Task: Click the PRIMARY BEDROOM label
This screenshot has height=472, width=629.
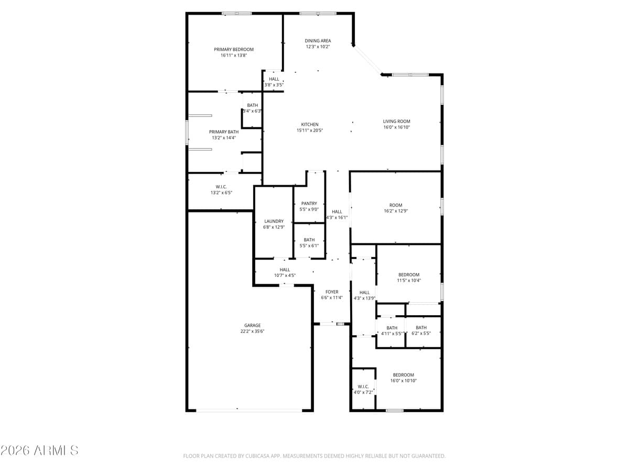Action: coord(234,49)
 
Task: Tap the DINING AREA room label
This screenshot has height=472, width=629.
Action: coord(318,40)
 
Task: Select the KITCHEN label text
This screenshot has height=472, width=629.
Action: coord(310,124)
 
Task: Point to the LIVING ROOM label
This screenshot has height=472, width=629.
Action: coord(396,121)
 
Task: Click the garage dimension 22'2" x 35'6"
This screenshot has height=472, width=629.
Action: coord(252,331)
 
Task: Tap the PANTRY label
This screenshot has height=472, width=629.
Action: coord(309,203)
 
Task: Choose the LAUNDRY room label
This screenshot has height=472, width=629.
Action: coord(274,221)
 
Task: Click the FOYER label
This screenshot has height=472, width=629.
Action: coord(332,292)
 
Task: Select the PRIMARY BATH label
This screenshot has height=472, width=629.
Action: coord(224,132)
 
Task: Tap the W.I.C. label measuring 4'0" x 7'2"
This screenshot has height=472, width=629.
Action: coord(363,387)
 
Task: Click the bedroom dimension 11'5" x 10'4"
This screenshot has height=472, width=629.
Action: coord(409,281)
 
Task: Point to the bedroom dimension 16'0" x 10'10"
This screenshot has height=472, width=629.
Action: coord(404,381)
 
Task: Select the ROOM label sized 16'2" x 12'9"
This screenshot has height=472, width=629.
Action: coord(396,205)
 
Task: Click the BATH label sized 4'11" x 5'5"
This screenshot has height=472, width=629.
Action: coord(392,328)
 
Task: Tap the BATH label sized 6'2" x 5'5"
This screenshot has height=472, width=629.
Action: coord(421,328)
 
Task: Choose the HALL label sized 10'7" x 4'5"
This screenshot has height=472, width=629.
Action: coord(285,270)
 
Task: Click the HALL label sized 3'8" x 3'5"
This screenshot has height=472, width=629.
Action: coord(274,79)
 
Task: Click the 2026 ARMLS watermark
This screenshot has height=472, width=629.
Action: coord(39,450)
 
